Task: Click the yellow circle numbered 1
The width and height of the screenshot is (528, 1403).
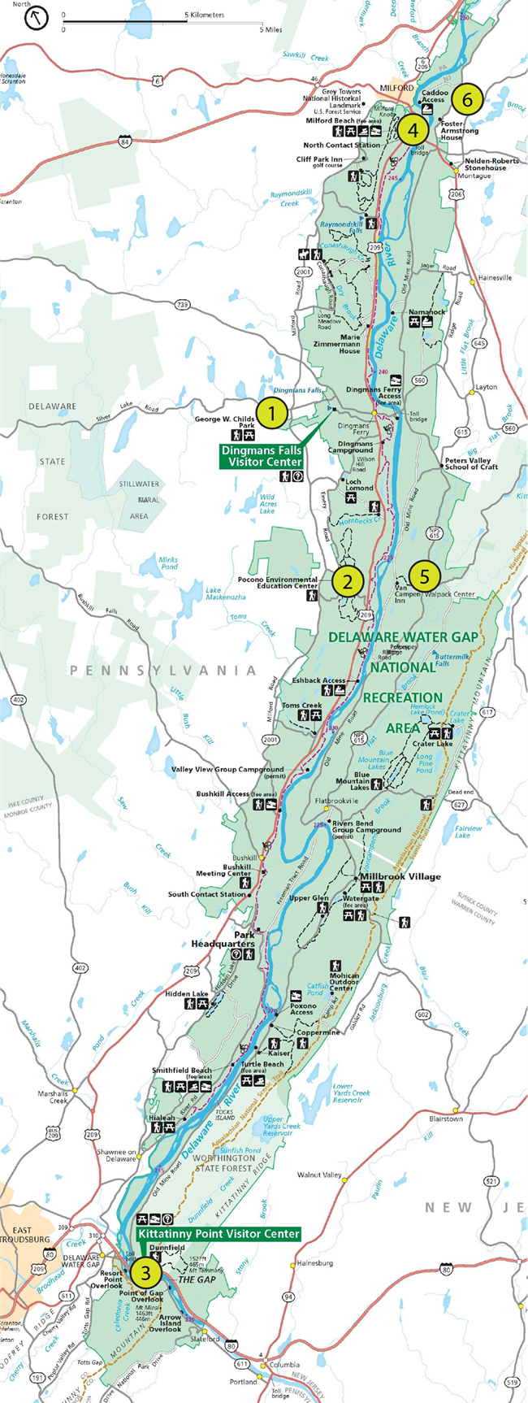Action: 272,413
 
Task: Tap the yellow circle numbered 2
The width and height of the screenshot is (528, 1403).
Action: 348,580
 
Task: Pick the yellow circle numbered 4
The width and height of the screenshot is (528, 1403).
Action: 413,128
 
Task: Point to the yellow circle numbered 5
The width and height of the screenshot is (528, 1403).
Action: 424,576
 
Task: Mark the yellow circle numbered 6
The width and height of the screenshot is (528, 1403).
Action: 467,99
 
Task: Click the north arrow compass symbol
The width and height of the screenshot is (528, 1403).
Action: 37,19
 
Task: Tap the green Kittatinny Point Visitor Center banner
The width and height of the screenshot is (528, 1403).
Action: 218,1234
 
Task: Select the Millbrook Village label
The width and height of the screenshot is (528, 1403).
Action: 400,876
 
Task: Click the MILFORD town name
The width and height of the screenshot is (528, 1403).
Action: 398,88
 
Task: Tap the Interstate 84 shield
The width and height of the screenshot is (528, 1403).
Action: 124,142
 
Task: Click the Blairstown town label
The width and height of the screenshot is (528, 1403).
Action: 446,1118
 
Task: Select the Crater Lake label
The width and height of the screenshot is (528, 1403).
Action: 432,743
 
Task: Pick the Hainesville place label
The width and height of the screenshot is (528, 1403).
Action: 496,277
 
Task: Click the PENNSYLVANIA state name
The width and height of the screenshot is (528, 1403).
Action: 162,671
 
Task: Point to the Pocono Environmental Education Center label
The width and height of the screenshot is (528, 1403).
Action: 277,583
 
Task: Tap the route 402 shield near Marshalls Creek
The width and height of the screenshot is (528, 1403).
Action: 80,968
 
